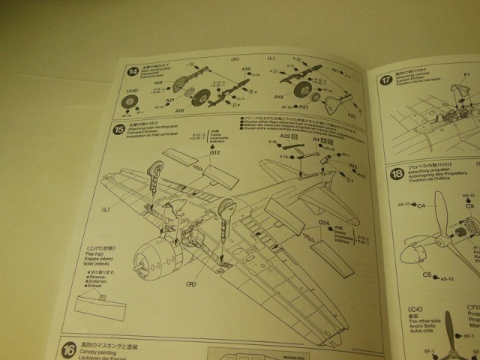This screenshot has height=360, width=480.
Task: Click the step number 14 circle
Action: tap(132, 72)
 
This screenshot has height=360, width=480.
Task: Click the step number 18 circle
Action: tap(397, 176)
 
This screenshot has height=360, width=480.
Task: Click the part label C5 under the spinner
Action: tap(426, 275)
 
